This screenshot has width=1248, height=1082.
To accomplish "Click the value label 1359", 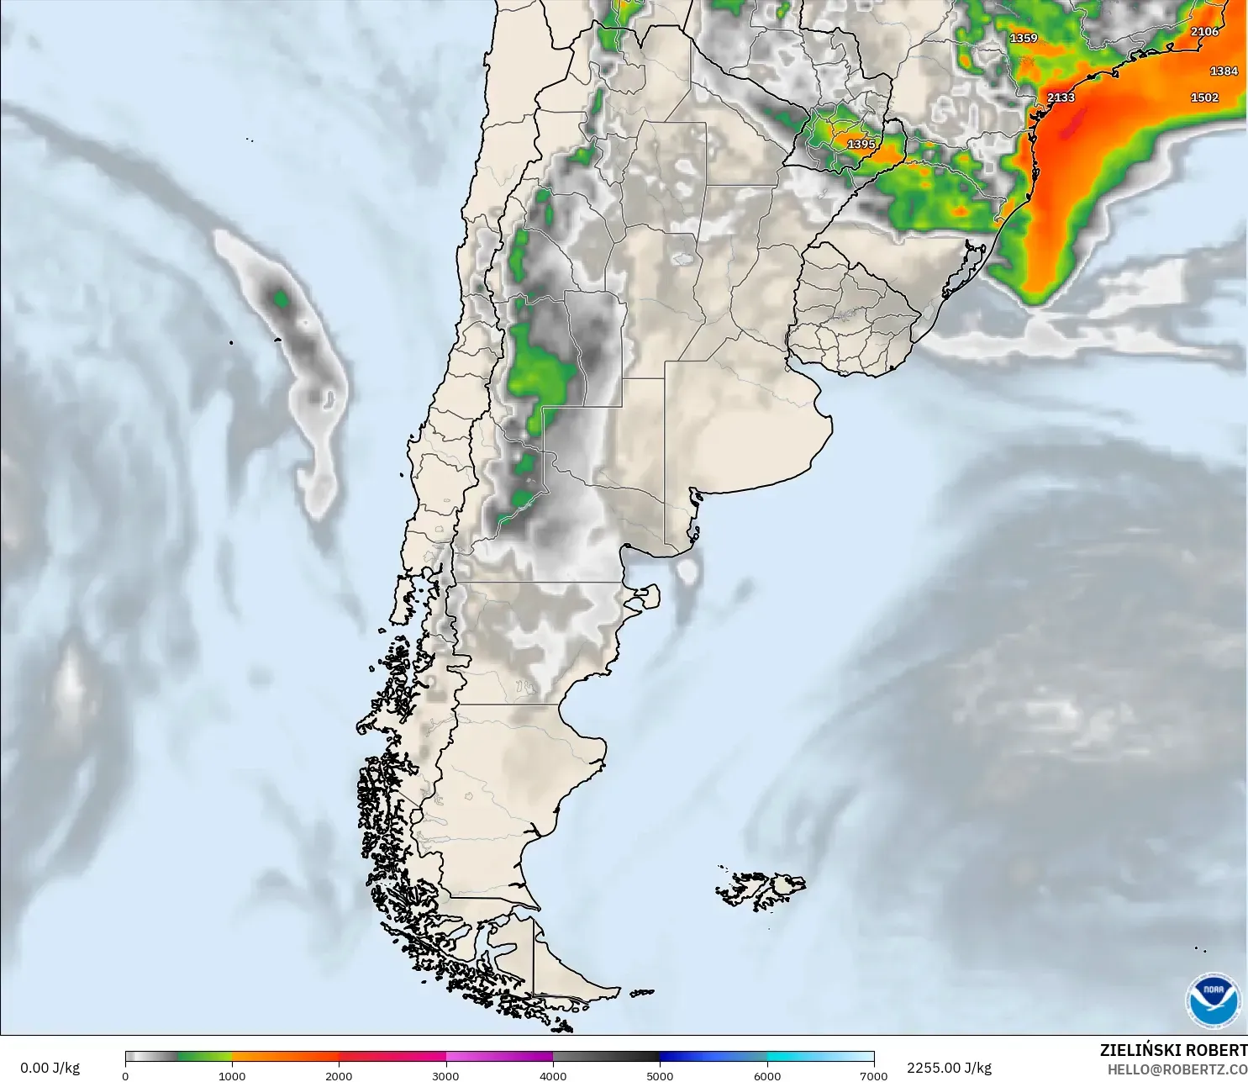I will [1024, 39].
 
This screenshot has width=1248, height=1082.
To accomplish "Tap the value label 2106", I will [1204, 32].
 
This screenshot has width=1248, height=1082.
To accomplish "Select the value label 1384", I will [1224, 71].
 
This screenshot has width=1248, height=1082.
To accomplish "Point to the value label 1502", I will [1204, 98].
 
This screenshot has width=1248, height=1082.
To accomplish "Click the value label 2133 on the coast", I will [1061, 98].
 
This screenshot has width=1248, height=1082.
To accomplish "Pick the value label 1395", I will [861, 145].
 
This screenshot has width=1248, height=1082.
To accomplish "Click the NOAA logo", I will [1213, 1000].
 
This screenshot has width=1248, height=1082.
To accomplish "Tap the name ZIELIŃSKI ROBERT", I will [1173, 1050].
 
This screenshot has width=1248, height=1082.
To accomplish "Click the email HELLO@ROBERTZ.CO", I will [1177, 1069].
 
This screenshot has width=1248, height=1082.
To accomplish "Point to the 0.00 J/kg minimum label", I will [50, 1068].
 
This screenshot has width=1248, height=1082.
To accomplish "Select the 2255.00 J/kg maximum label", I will [949, 1068].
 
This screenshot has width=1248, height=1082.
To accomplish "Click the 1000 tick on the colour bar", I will [232, 1075].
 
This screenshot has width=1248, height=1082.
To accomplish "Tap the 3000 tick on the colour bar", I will [445, 1075].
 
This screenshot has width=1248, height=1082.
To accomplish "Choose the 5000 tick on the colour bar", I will [660, 1075].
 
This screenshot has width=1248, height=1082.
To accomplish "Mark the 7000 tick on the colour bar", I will [874, 1075].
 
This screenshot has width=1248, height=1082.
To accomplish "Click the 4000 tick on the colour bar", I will [553, 1075].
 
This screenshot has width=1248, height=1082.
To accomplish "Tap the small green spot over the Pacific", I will [281, 298].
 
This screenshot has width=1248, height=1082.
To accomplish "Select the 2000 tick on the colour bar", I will [339, 1075].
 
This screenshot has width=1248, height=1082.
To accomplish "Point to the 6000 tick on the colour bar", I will [767, 1075].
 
